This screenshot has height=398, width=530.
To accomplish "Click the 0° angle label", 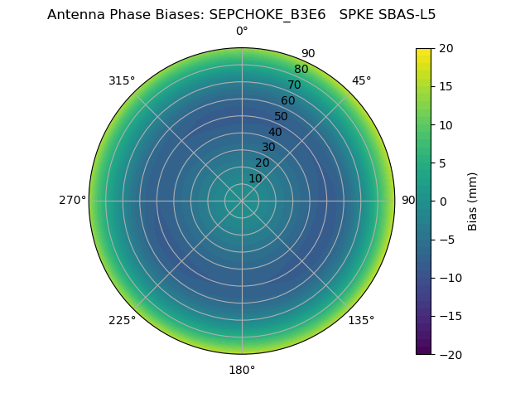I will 242,32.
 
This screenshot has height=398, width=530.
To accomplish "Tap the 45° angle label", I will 362,80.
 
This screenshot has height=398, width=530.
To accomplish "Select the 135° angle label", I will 361,320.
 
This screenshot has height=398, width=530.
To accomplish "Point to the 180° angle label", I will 242,370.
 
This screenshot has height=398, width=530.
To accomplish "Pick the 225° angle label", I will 122,320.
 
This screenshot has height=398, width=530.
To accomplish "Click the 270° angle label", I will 72,201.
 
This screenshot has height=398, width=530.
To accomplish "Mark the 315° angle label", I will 122,80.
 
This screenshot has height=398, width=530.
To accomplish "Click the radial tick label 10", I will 255,178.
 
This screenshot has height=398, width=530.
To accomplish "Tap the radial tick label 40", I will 275,132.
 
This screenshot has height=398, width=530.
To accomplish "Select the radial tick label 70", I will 294,85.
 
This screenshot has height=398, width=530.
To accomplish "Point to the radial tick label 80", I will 301,70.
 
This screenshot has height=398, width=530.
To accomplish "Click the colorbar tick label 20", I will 446,48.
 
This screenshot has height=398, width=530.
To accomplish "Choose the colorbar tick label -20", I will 448,354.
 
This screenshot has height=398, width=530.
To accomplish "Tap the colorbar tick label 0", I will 442,201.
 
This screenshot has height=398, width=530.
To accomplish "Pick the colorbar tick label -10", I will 448,278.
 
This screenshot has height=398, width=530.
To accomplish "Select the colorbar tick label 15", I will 446,86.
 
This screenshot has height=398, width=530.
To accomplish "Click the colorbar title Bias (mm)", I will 473,201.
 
